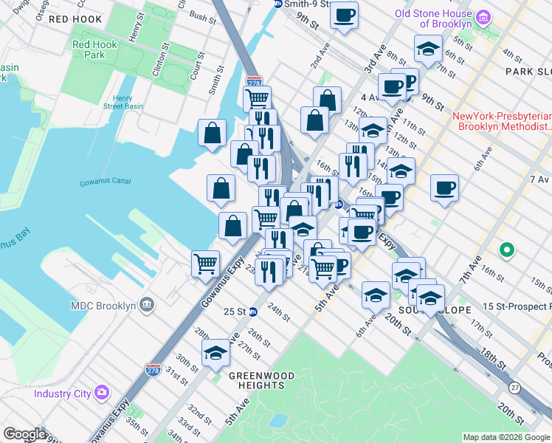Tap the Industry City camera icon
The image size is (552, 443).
(x=102, y=393)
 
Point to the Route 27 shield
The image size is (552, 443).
(x=514, y=388)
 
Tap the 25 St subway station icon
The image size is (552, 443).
(x=252, y=312)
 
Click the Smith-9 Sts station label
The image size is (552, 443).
(x=302, y=4)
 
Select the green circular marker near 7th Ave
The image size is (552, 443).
(x=506, y=251)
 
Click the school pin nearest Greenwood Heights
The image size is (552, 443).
(x=216, y=354)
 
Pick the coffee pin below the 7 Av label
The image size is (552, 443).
(x=444, y=188)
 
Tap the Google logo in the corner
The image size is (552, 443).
(x=25, y=434)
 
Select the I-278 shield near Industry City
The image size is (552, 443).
(x=153, y=368)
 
